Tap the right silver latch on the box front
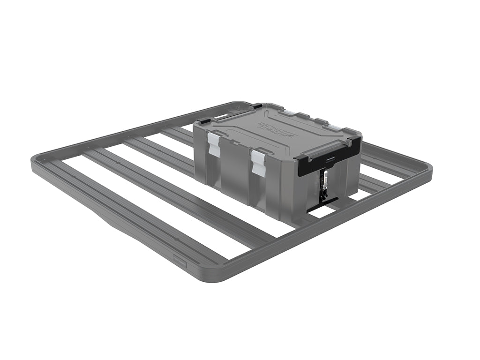[x=258, y=162]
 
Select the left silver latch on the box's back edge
[x=289, y=112]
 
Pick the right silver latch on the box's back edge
[x=334, y=127]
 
